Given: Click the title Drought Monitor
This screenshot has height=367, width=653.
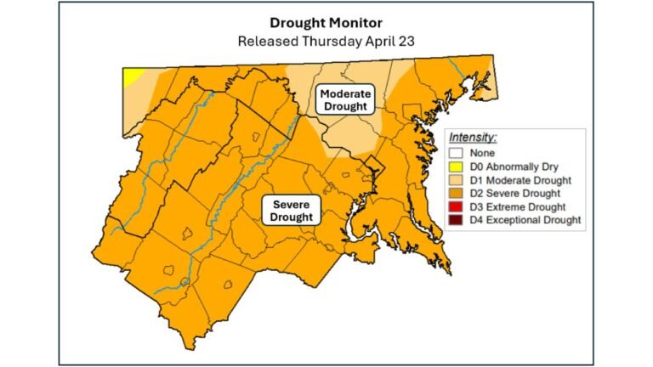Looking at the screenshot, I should [326, 23].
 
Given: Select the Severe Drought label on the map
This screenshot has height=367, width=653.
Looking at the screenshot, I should [292, 211].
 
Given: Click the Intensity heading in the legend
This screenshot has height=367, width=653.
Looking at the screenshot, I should [473, 137].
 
